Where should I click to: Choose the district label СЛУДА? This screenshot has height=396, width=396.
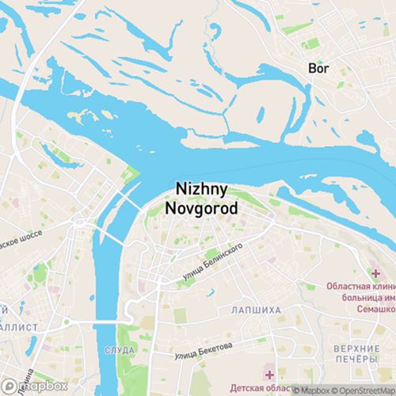118,349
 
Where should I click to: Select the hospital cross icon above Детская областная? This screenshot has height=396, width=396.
270,374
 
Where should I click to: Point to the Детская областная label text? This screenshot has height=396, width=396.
261,388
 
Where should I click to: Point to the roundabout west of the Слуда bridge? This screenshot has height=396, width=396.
68,321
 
